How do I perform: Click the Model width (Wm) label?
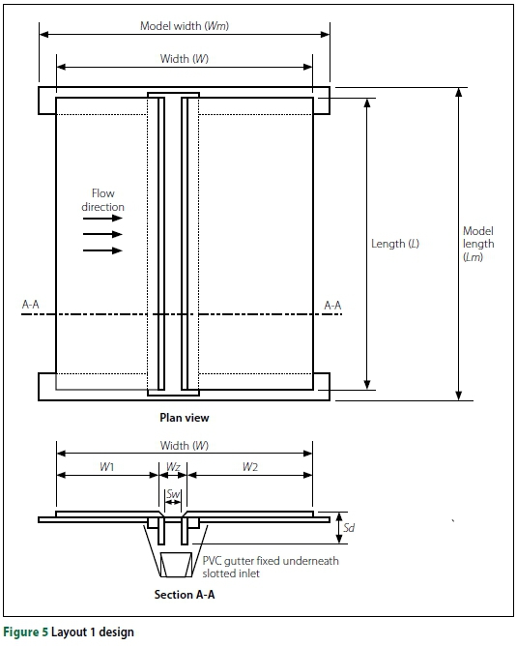[x=185, y=26]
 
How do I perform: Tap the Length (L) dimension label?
[x=395, y=244]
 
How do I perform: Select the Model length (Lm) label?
[x=478, y=244]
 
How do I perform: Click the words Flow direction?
[x=102, y=200]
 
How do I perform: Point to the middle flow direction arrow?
[x=102, y=234]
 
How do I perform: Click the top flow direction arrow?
[x=102, y=218]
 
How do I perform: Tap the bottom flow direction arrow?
[x=102, y=250]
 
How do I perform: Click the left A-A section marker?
[x=31, y=305]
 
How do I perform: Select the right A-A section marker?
[x=332, y=306]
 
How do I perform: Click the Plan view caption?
[x=185, y=418]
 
